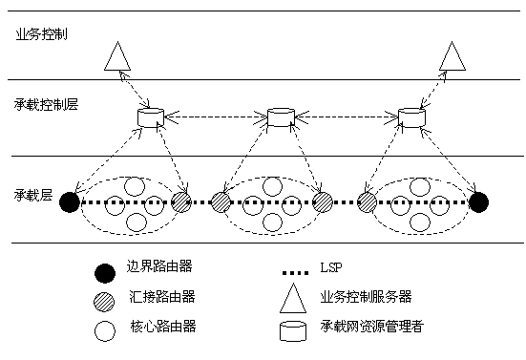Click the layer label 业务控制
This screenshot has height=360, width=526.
point(42,34)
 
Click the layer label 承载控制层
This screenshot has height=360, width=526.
point(46,104)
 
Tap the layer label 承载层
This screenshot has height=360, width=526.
point(33,195)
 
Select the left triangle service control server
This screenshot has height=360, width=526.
point(117,56)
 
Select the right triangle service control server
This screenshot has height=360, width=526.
point(452,56)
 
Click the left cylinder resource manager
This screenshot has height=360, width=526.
point(151,117)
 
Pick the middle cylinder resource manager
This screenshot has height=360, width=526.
point(281,117)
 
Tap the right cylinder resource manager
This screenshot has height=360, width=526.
point(411,117)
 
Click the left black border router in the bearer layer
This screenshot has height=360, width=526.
point(70,202)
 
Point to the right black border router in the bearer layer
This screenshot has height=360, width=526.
point(478,202)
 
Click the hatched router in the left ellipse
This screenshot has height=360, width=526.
point(181,202)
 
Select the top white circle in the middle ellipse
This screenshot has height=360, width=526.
point(272,186)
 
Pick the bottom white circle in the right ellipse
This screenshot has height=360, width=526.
point(420,222)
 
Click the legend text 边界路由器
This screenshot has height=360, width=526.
point(159,266)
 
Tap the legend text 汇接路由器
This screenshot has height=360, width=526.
point(162,297)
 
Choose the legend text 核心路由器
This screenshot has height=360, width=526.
point(163,327)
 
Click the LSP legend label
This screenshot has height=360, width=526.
point(331,267)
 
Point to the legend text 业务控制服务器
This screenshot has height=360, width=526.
point(366,297)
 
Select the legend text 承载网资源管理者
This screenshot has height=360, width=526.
point(372,327)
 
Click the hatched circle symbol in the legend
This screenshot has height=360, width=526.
point(104,302)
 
